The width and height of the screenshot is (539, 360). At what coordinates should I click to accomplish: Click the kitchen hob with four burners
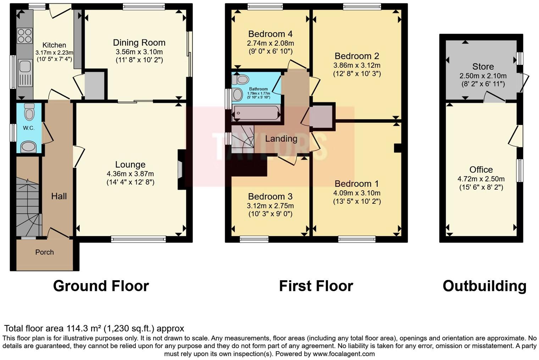click(24, 35)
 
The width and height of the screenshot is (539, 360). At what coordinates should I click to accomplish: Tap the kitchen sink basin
click(24, 66)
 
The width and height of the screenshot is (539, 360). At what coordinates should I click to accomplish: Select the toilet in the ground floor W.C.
click(29, 112)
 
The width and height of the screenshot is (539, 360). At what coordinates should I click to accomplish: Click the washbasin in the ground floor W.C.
click(28, 146)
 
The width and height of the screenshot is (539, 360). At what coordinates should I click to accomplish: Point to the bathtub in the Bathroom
click(256, 113)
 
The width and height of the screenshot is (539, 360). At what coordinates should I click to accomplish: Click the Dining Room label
click(139, 43)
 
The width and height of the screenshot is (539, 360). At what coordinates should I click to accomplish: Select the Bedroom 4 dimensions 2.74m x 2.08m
click(270, 43)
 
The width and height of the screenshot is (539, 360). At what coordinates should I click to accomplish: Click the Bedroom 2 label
click(357, 56)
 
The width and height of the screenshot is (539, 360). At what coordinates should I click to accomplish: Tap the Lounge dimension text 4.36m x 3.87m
click(130, 174)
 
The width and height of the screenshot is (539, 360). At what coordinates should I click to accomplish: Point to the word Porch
click(44, 252)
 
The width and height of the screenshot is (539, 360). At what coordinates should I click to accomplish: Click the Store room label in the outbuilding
click(483, 67)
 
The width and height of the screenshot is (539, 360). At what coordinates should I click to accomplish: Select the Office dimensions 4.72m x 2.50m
click(481, 179)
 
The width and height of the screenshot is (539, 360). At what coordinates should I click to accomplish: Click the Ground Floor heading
click(101, 286)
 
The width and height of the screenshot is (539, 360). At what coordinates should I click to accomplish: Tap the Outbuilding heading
click(484, 286)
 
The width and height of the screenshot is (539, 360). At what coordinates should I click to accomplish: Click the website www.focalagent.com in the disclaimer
click(344, 354)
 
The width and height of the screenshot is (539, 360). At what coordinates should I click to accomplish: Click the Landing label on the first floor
click(281, 139)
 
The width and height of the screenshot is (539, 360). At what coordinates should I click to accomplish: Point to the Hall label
click(59, 196)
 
